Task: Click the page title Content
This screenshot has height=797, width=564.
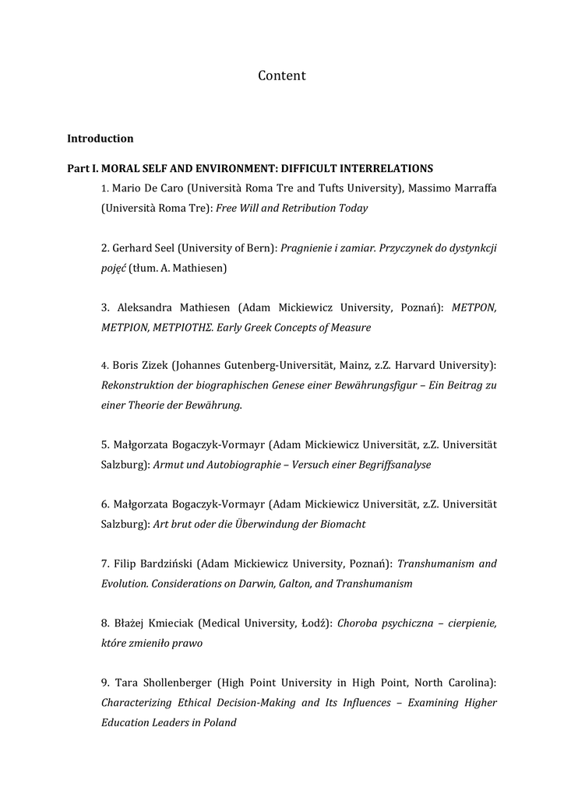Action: [x=281, y=75]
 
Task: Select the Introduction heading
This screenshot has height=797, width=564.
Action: [x=100, y=139]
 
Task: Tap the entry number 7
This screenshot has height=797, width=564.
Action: [x=104, y=563]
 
